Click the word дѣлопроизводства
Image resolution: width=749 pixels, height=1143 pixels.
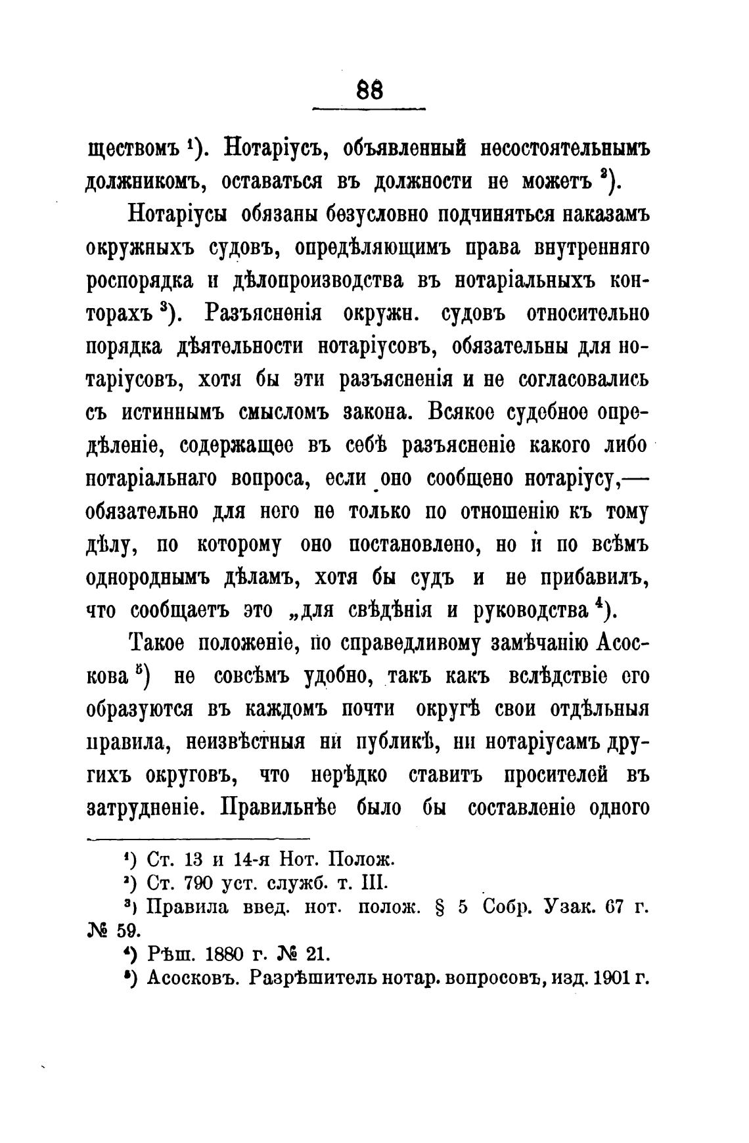(319, 280)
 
